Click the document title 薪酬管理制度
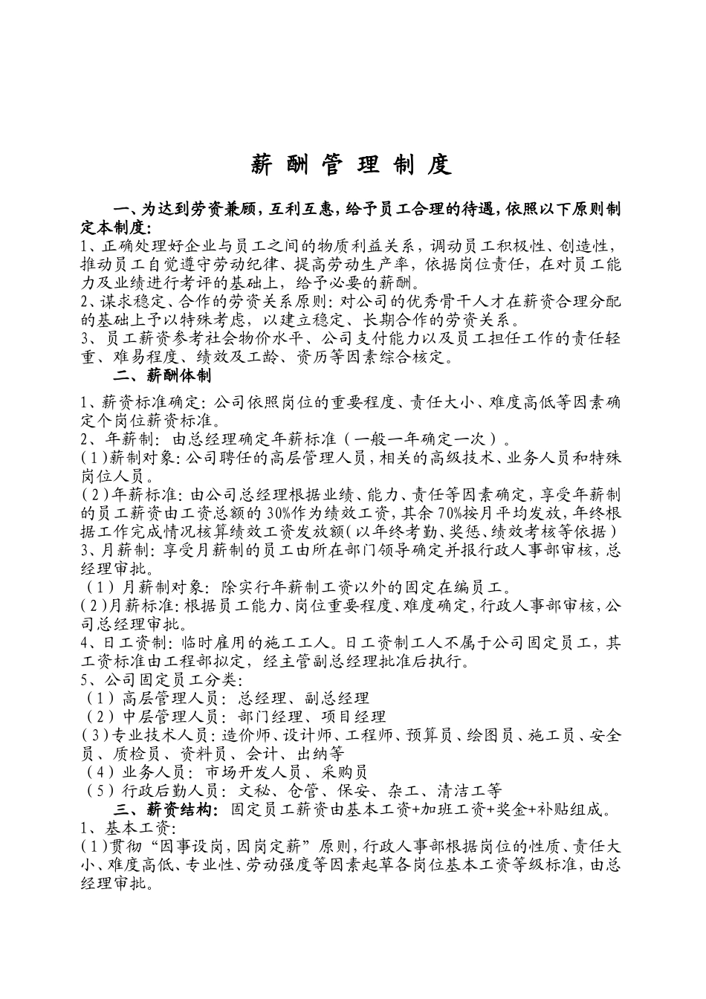click(x=352, y=164)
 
